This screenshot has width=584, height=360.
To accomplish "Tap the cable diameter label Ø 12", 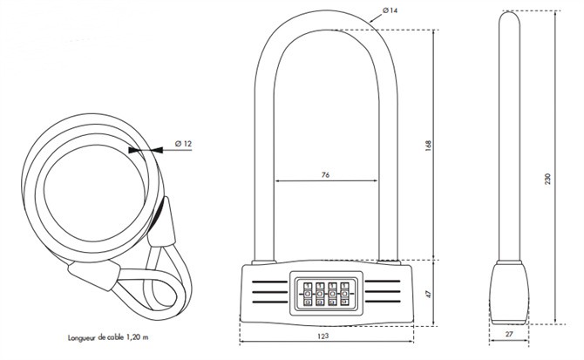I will [x=181, y=142].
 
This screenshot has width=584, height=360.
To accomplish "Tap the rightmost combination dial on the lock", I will [x=346, y=295].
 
